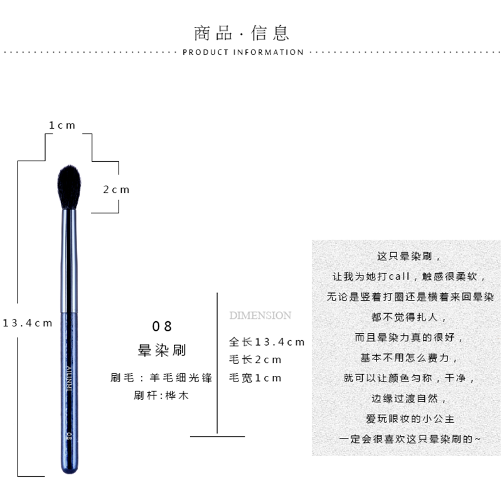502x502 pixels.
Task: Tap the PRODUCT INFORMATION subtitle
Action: click(x=243, y=53)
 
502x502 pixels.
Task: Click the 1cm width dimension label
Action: click(x=62, y=125)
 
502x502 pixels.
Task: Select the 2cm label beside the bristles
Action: click(x=116, y=190)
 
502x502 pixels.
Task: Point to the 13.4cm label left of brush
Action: click(x=27, y=323)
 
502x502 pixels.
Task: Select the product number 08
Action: click(x=162, y=326)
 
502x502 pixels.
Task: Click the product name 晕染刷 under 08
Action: click(x=162, y=350)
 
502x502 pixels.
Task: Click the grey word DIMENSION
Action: click(x=260, y=315)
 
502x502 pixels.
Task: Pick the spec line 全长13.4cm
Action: click(x=266, y=342)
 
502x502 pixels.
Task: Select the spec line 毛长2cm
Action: click(x=255, y=360)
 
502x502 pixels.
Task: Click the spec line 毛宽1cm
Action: click(x=255, y=378)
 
